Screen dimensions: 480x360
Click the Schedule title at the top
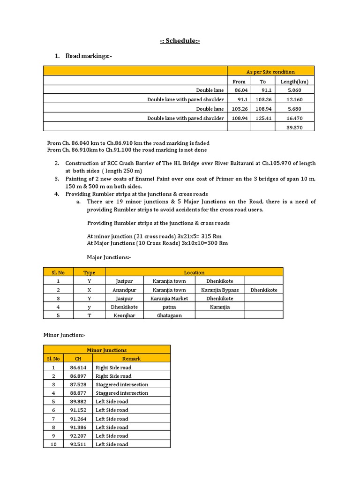(x=180, y=41)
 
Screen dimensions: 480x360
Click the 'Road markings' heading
(x=89, y=56)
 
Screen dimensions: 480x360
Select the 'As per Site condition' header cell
(x=270, y=72)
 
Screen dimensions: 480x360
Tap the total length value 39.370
(x=294, y=127)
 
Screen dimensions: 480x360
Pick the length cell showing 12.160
(x=294, y=99)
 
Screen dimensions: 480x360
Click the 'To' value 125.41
(x=262, y=118)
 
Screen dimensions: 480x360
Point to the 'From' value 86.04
(x=239, y=90)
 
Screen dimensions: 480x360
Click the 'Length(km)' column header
(x=294, y=81)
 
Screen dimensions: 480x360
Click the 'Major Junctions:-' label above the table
(x=109, y=257)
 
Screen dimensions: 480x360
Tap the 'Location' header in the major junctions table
(x=194, y=272)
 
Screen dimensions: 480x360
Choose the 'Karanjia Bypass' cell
(x=220, y=290)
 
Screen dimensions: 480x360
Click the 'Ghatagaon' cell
(x=169, y=315)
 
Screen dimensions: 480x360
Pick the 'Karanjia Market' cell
(x=169, y=298)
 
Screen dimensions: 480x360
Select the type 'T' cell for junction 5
(x=89, y=315)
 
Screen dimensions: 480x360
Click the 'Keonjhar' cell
(x=124, y=315)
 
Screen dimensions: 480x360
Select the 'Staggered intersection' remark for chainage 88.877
(x=122, y=393)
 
